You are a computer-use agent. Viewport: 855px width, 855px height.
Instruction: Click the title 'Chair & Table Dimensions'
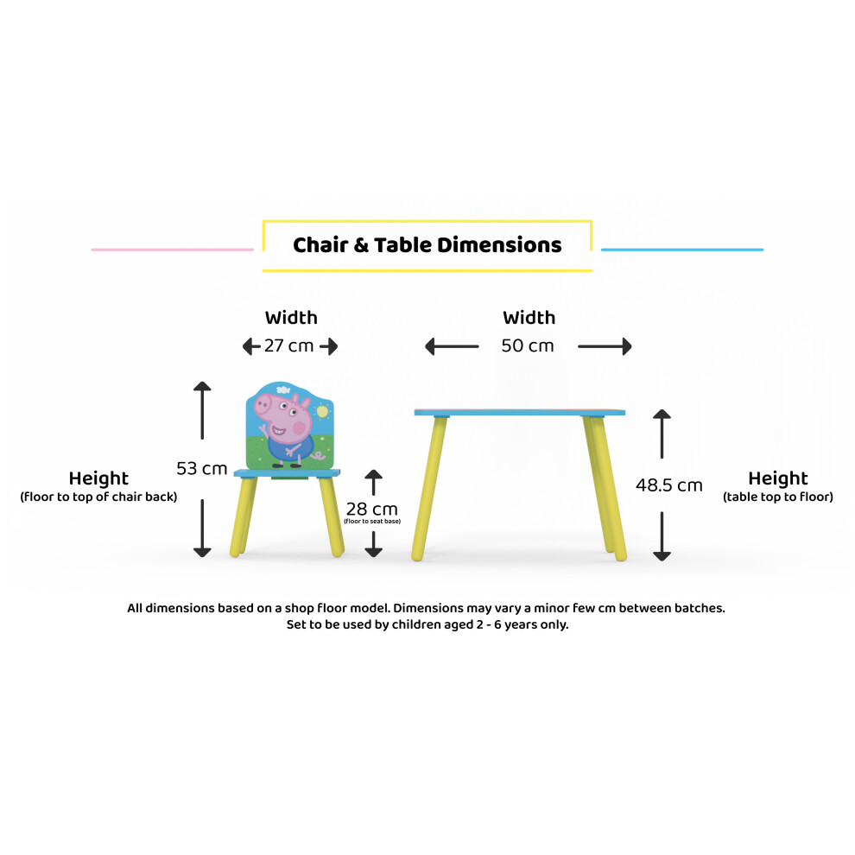427,244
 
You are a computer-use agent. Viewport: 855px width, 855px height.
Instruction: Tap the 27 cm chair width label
288,345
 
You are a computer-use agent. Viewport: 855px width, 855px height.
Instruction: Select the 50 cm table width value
528,345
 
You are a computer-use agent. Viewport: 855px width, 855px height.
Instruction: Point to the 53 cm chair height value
202,468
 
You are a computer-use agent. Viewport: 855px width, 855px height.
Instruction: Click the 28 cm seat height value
372,509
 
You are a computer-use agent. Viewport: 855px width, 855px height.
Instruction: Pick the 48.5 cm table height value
669,484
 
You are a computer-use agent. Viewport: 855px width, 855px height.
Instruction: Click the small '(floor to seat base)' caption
372,522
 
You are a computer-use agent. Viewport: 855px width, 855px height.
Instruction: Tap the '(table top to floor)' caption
778,497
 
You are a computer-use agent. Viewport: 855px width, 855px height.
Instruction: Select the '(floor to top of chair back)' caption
98,497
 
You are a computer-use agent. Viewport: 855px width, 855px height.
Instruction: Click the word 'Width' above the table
529,317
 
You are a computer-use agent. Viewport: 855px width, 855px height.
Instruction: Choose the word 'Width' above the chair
291,317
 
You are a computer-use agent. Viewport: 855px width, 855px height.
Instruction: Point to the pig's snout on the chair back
263,404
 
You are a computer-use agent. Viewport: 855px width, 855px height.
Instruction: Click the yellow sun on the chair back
322,411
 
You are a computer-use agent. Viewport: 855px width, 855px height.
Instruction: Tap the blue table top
520,413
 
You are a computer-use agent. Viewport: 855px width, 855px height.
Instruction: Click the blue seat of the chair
287,473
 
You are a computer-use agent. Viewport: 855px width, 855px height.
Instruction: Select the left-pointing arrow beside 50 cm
452,346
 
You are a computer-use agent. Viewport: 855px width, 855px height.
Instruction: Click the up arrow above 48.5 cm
662,434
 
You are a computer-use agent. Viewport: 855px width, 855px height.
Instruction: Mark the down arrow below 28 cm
373,543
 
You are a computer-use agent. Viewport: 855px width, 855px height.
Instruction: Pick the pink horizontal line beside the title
173,250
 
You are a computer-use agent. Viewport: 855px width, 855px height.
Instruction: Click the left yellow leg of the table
429,488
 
